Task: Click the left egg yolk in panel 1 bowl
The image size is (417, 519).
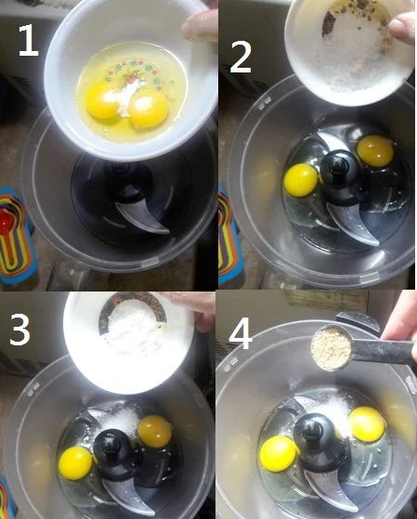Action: [102, 100]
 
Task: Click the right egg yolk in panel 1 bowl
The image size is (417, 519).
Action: [148, 110]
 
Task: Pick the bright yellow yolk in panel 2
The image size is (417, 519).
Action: [301, 179]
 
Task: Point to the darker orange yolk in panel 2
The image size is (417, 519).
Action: [374, 149]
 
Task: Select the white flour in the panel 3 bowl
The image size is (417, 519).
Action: [132, 331]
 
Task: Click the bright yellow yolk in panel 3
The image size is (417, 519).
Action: [75, 461]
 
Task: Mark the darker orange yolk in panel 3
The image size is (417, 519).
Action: [154, 430]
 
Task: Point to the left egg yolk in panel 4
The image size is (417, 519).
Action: [279, 453]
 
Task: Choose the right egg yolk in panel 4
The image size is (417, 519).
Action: [367, 424]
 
